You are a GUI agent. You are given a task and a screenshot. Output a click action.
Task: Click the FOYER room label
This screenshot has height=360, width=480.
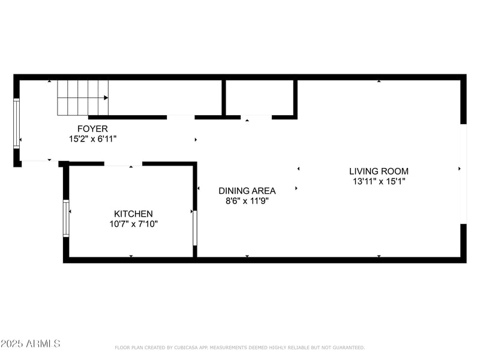tap(92, 128)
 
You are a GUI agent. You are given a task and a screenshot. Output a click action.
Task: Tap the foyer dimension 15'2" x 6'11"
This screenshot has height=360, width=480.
tap(92, 139)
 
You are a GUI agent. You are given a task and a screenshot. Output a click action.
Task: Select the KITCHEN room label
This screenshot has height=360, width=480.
tap(133, 214)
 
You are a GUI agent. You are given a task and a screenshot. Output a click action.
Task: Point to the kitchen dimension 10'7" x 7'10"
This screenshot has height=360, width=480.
tap(133, 224)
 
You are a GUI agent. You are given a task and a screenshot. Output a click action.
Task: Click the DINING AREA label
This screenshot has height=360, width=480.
tap(247, 191)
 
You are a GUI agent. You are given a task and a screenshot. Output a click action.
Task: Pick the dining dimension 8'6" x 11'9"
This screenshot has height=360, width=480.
tap(247, 201)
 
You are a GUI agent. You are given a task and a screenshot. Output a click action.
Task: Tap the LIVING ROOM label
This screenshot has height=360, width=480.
tap(379, 171)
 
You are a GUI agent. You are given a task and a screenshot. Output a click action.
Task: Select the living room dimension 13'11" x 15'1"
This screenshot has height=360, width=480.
tap(379, 181)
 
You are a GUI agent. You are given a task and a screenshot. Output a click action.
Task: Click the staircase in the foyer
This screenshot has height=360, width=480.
tap(83, 97)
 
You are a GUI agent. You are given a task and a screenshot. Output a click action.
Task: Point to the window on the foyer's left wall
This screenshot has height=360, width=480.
tap(17, 124)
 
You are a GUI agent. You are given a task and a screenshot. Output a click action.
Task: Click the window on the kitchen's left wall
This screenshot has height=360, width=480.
tap(66, 218)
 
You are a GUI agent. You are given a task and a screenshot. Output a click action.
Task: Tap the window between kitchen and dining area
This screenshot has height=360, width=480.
tap(195, 227)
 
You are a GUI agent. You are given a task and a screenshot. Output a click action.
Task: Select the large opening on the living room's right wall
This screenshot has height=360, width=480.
tap(463, 174)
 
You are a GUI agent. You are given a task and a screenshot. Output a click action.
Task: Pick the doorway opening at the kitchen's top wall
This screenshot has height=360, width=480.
tap(123, 163)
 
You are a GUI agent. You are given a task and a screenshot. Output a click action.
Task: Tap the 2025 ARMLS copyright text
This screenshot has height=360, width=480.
tap(31, 344)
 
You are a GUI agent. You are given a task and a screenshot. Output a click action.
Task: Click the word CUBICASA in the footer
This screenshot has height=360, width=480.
tap(187, 347)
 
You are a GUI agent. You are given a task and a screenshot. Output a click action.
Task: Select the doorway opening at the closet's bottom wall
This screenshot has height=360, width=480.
tap(256, 116)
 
